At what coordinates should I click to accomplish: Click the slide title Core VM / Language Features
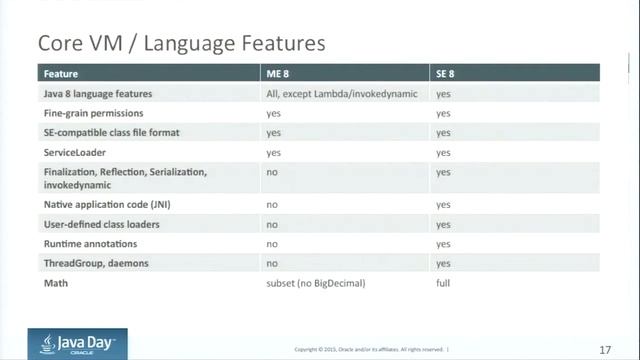pos(181,44)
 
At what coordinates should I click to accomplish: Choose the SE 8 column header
pos(446,74)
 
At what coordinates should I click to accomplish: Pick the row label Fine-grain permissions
pos(94,114)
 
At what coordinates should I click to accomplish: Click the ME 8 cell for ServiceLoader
pos(273,153)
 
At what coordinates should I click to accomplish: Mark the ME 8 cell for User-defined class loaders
pos(272,224)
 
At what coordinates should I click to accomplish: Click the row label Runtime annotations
pos(91,244)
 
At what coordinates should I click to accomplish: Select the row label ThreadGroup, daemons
pos(98,264)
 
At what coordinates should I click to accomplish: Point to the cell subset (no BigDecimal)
pos(316,284)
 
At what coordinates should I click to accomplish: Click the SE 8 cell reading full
pos(443,284)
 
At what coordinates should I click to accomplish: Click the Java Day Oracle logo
pos(78,344)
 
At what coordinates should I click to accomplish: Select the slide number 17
pos(605,349)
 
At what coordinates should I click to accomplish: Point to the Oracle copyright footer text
pos(370,349)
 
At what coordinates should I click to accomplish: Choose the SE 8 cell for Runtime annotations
pos(443,244)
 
